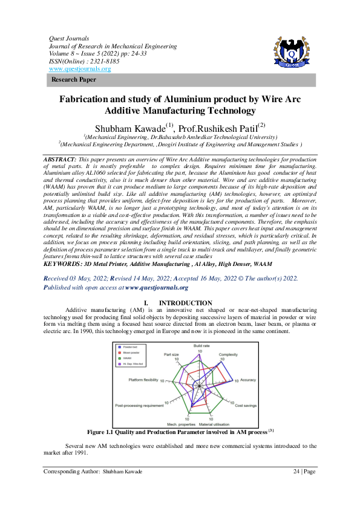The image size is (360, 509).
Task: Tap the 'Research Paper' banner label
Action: coord(73,80)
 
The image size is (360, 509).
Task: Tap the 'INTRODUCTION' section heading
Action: coord(185,303)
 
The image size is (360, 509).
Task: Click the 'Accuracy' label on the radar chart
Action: coord(247,380)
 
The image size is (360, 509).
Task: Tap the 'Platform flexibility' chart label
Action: coord(143,380)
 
